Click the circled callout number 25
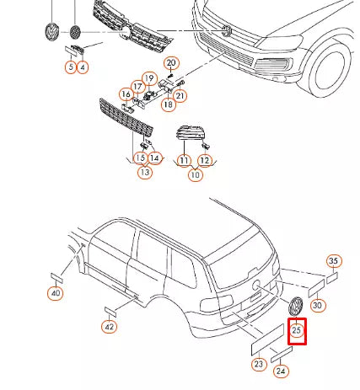click(x=297, y=330)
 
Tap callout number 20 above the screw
click(x=171, y=63)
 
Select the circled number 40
click(x=56, y=293)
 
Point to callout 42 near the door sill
click(x=110, y=327)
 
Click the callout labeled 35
click(x=333, y=261)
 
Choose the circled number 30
click(x=317, y=305)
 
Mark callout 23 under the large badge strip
click(x=259, y=364)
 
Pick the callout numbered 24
click(x=281, y=371)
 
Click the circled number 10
click(x=196, y=175)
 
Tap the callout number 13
click(x=145, y=172)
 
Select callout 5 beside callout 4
click(x=71, y=67)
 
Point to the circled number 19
click(x=149, y=78)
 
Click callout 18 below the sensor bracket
click(x=169, y=104)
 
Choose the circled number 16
click(x=126, y=94)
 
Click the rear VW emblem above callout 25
click(x=295, y=307)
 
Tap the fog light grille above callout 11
click(x=190, y=132)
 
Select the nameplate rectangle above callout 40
click(x=56, y=278)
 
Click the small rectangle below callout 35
click(x=332, y=278)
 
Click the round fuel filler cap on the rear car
click(x=256, y=286)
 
